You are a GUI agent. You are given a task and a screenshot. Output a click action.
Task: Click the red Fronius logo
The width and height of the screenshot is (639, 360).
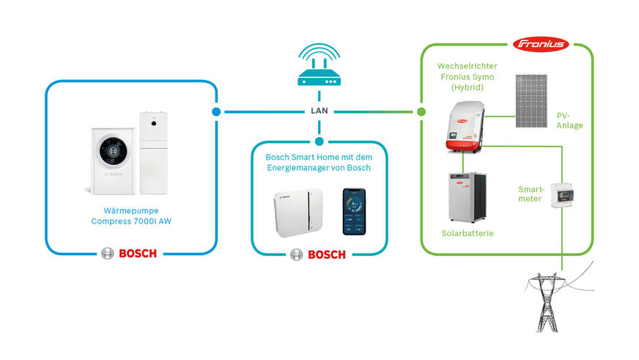542,44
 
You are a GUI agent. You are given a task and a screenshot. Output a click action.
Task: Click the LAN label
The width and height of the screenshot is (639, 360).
319,111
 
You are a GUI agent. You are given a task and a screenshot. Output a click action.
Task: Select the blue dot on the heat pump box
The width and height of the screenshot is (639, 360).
216,112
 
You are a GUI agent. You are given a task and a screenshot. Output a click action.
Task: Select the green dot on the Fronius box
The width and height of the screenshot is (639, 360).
421,112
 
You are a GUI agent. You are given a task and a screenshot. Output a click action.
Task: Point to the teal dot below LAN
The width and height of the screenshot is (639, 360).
319,142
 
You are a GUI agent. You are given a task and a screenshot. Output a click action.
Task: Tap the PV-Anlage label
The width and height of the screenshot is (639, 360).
569,120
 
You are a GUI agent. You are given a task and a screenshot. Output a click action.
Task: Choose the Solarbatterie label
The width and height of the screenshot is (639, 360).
467,233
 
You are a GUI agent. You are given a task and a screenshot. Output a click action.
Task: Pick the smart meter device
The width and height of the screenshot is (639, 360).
562,194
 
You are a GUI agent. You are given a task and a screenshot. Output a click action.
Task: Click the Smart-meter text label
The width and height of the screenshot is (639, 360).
530,194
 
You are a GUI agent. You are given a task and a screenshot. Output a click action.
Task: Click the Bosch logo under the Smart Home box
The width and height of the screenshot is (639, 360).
317,254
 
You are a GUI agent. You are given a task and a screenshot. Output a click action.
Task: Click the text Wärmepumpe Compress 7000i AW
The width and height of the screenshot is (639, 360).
131,216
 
